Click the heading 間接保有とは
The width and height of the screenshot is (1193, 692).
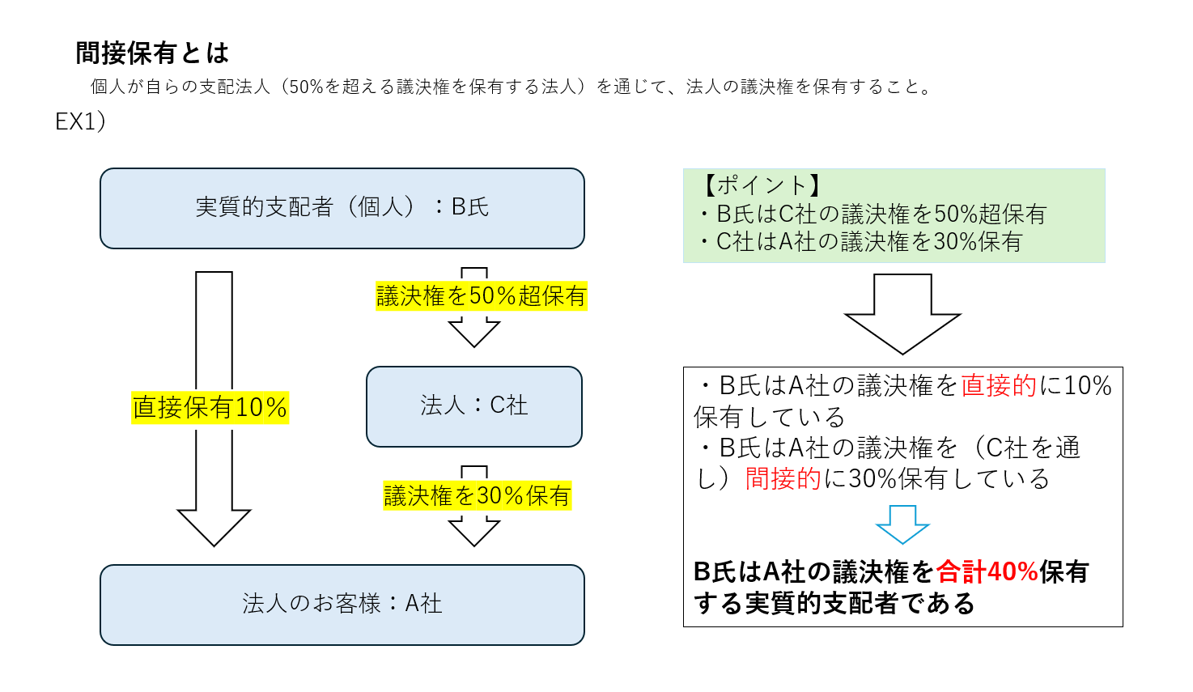click(152, 53)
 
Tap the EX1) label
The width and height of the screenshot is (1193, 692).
click(80, 121)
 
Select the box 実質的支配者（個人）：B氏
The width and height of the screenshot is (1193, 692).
click(342, 208)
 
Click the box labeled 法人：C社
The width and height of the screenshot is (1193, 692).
click(473, 405)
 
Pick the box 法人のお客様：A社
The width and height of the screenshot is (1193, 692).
click(342, 604)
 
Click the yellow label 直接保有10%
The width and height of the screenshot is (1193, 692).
click(210, 407)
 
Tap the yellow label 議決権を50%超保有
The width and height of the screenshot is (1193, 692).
click(481, 296)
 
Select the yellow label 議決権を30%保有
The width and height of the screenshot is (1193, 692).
click(478, 495)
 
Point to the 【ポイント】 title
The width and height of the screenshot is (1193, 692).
click(761, 185)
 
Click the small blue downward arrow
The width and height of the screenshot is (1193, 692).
click(902, 524)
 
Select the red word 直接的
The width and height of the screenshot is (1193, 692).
click(999, 386)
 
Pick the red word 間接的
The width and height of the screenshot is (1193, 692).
click(783, 479)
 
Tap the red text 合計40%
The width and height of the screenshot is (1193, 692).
click(987, 572)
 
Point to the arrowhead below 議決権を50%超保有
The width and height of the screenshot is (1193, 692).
click(474, 332)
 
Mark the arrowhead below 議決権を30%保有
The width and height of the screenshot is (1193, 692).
click(474, 531)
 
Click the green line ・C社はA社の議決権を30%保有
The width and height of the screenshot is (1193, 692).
click(861, 242)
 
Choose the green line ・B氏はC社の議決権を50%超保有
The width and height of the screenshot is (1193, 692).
click(872, 214)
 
